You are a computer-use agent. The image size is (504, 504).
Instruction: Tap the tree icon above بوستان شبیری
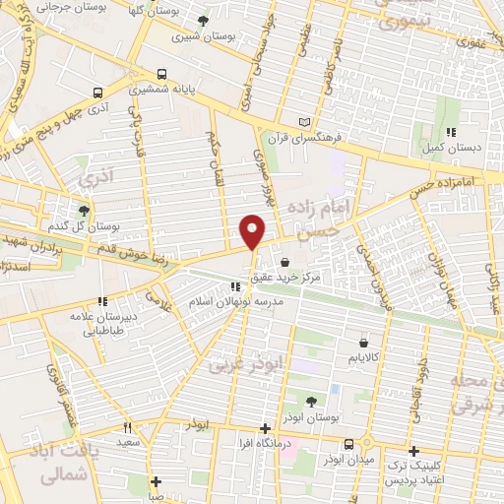[x=204, y=21]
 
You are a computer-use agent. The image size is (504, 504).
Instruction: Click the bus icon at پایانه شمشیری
[x=162, y=74]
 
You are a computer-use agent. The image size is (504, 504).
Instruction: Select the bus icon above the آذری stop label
[x=97, y=93]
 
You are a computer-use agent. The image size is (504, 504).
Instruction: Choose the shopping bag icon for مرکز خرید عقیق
[x=285, y=263]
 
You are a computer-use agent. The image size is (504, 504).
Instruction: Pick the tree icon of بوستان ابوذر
[x=311, y=401]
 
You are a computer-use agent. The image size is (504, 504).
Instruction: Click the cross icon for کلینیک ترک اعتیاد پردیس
[x=414, y=451]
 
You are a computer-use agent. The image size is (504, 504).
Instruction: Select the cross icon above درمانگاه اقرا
[x=264, y=428]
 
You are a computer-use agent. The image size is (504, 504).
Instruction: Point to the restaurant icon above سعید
[x=128, y=428]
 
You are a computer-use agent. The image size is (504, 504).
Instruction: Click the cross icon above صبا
[x=156, y=481]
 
